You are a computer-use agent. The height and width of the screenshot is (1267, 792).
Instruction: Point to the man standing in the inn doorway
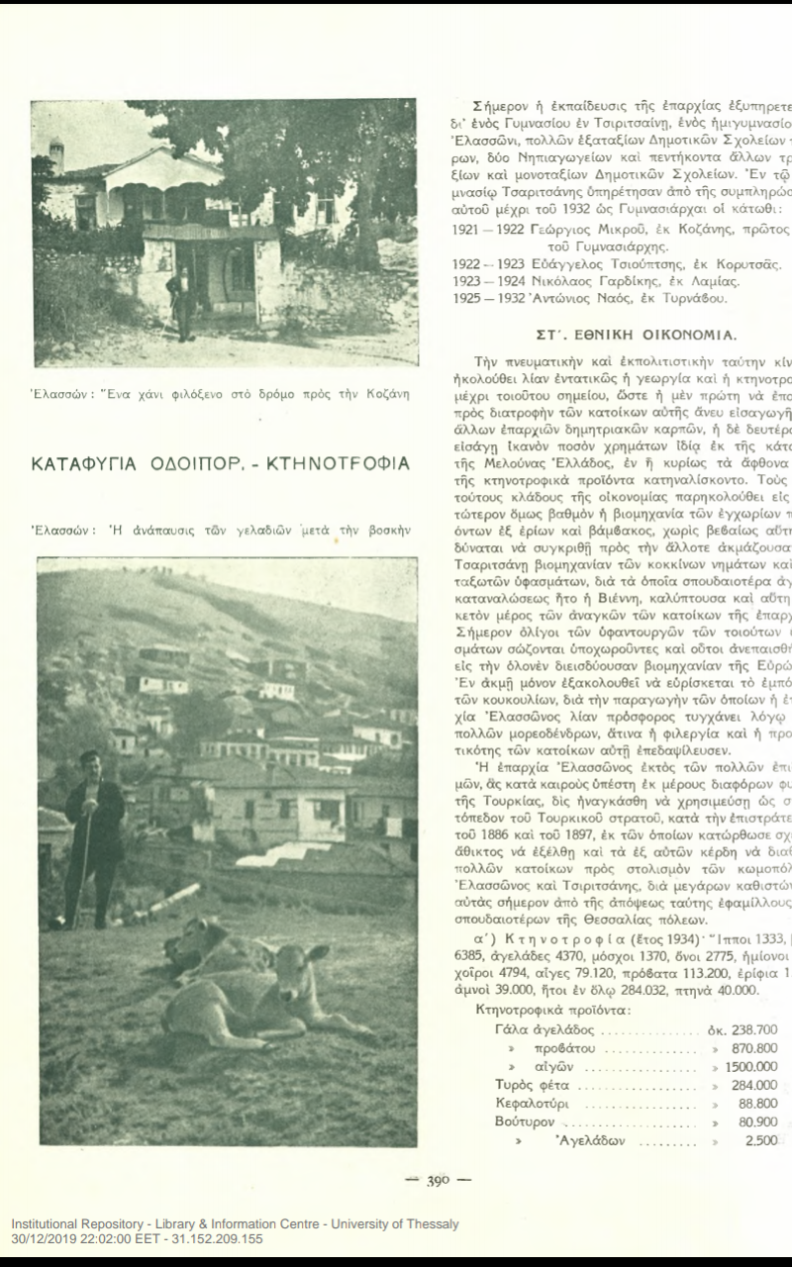click(184, 301)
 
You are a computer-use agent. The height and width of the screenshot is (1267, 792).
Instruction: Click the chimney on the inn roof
click(56, 153)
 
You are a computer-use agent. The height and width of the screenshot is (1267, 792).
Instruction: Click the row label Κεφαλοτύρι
click(531, 1104)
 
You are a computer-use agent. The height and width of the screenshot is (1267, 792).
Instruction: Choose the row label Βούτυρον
click(525, 1121)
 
